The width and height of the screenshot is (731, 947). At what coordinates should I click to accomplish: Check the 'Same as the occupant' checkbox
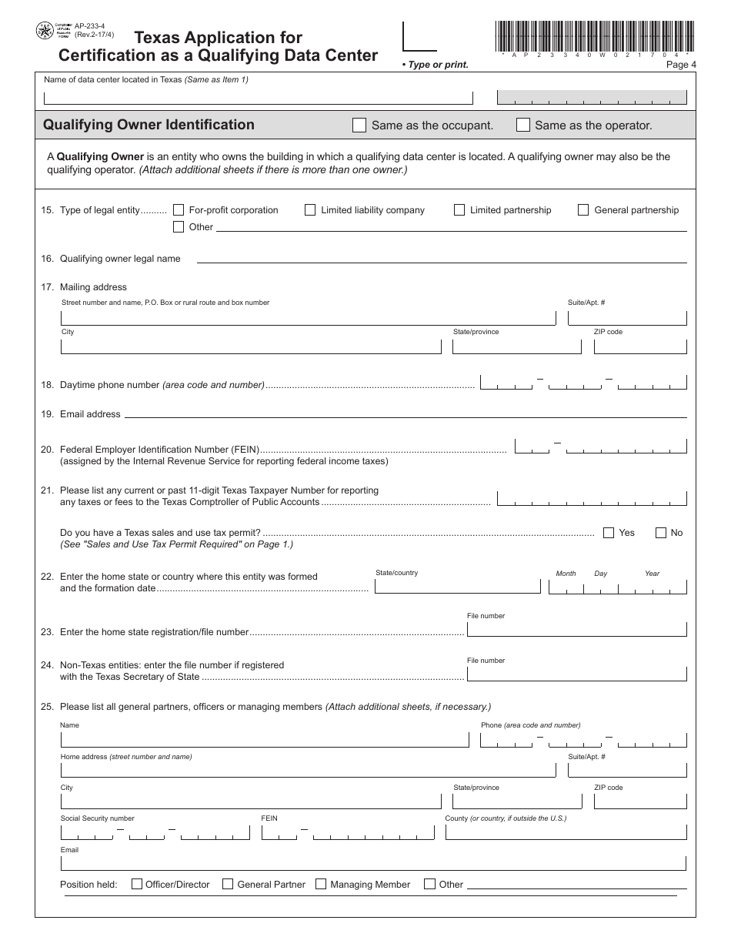pyautogui.click(x=359, y=125)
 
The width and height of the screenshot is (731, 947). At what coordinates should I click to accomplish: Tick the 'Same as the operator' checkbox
pyautogui.click(x=522, y=125)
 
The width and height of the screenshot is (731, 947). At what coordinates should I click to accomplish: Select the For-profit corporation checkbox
pyautogui.click(x=179, y=209)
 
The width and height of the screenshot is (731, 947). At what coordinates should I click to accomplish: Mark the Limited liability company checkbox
pyautogui.click(x=310, y=209)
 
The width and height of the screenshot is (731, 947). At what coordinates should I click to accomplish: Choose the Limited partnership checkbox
pyautogui.click(x=459, y=209)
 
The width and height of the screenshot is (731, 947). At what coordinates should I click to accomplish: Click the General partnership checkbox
pyautogui.click(x=583, y=209)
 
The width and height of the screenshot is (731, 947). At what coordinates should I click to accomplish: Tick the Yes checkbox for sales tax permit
pyautogui.click(x=609, y=532)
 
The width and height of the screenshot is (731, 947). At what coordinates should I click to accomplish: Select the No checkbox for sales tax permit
pyautogui.click(x=660, y=532)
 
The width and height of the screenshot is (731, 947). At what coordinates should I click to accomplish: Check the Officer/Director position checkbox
pyautogui.click(x=137, y=884)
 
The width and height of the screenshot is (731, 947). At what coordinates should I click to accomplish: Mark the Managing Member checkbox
pyautogui.click(x=321, y=884)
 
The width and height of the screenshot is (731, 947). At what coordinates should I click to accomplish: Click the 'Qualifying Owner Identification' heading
pyautogui.click(x=149, y=125)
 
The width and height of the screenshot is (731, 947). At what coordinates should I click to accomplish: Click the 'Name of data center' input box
pyautogui.click(x=258, y=98)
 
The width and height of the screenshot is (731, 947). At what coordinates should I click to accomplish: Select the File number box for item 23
pyautogui.click(x=576, y=629)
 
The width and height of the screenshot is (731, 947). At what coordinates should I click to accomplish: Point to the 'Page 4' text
pyautogui.click(x=680, y=65)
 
